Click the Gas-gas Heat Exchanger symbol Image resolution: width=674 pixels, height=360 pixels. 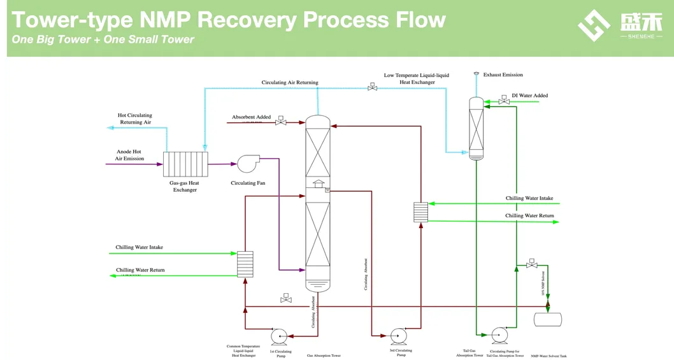click(185, 164)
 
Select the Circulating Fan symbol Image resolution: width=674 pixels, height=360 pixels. click(248, 164)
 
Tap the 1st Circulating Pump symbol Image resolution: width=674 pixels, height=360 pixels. click(279, 336)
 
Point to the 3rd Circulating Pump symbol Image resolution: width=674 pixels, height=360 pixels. click(399, 336)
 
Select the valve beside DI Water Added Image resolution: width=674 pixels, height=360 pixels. click(504, 101)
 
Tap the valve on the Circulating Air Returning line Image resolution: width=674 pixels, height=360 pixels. click(372, 87)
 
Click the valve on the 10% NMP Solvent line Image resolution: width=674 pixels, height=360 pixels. click(531, 264)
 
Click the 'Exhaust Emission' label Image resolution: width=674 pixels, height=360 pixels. click(503, 75)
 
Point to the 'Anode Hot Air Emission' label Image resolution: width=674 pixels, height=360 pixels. click(129, 155)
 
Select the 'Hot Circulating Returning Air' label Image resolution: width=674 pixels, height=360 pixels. click(135, 119)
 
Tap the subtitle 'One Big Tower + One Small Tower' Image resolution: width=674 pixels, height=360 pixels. click(103, 40)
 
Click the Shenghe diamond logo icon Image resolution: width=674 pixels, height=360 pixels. click(593, 25)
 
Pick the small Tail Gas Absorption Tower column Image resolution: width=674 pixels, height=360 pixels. click(476, 127)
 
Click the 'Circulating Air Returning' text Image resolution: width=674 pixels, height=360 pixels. click(289, 83)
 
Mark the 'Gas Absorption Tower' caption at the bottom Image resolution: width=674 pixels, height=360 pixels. click(324, 356)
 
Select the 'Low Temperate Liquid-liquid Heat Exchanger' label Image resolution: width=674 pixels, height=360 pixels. click(416, 78)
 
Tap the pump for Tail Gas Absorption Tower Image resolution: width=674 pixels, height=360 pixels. click(499, 335)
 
